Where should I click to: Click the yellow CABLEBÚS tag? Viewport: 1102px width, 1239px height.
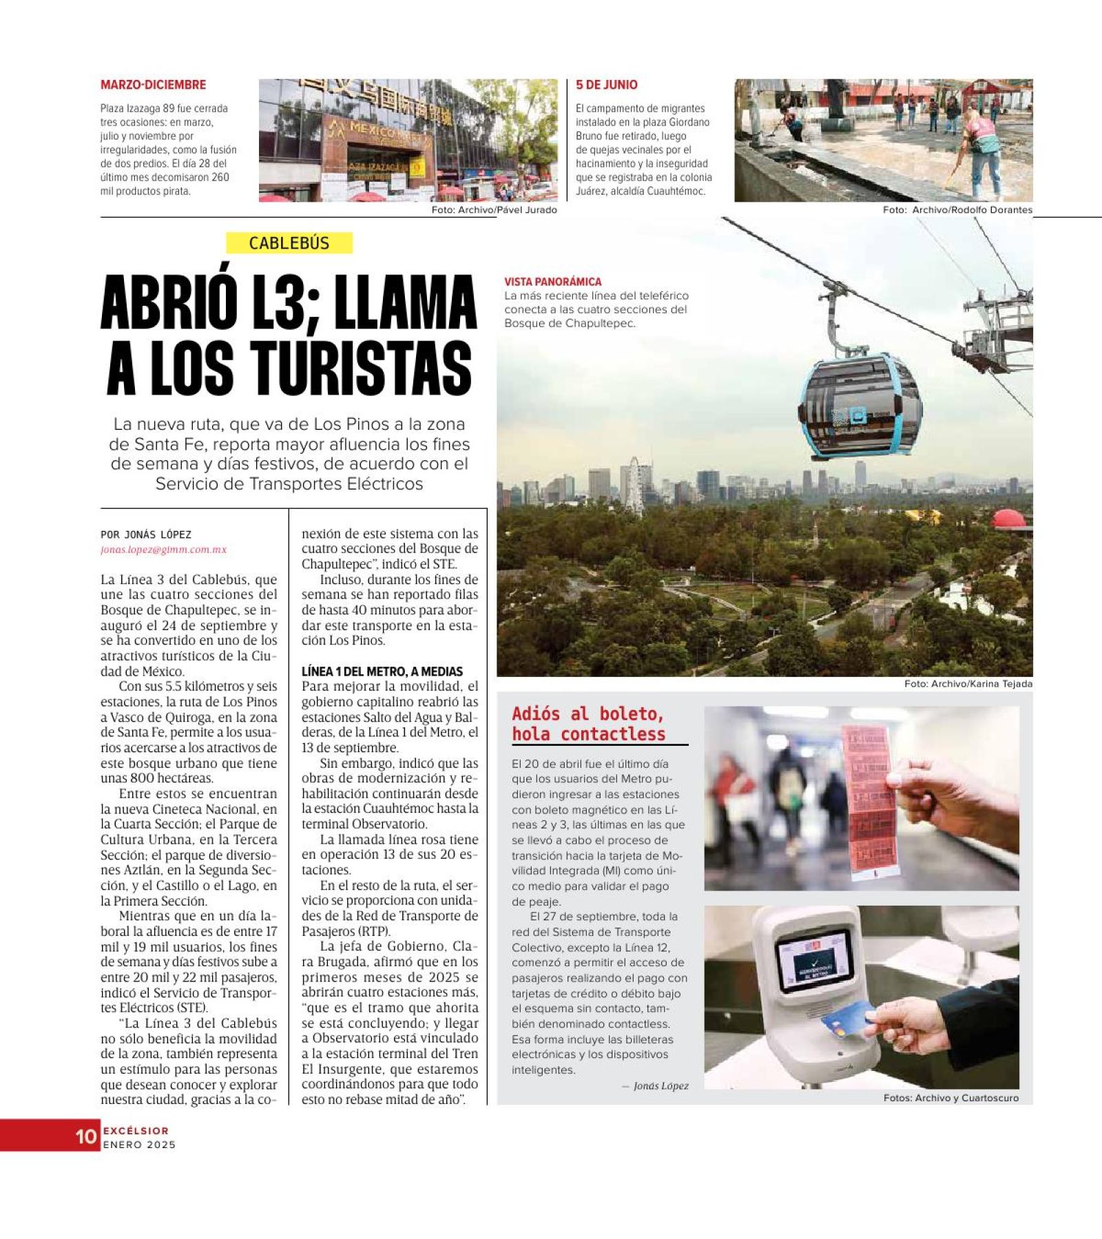[x=289, y=243]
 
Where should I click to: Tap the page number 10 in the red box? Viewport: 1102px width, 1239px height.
[x=86, y=1136]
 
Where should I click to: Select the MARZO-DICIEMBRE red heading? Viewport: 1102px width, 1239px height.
[x=153, y=85]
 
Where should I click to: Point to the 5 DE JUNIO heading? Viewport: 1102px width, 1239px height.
[x=607, y=85]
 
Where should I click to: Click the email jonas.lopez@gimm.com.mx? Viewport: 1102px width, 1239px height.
[x=163, y=550]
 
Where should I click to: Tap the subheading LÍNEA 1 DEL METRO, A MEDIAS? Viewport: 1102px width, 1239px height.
[x=382, y=671]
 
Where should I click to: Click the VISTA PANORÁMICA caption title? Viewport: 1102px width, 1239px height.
[x=552, y=282]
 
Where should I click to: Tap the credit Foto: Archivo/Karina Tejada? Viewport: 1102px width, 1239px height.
[x=968, y=684]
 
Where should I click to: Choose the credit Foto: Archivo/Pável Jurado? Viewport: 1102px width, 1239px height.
[x=494, y=210]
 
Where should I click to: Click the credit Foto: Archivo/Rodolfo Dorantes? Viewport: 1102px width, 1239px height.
[x=957, y=210]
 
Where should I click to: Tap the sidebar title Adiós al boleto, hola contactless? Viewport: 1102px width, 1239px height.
[x=588, y=724]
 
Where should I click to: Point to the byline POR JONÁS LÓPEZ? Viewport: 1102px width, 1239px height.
[x=146, y=534]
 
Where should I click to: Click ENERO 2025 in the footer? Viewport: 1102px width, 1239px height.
[x=140, y=1145]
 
